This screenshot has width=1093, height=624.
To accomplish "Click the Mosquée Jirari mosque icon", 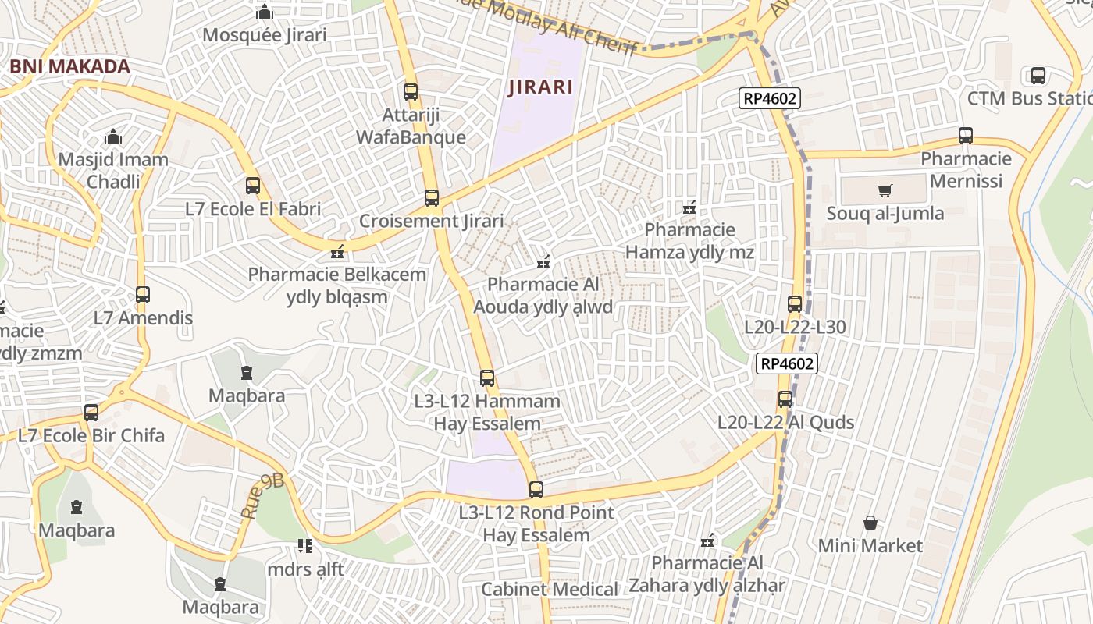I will click(265, 12).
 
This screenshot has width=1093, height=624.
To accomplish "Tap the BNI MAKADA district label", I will click(69, 66).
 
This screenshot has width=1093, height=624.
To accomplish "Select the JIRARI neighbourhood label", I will click(540, 87).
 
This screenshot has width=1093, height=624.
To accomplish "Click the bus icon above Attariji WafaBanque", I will click(411, 92).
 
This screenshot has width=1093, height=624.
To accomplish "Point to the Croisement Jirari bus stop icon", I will click(432, 198).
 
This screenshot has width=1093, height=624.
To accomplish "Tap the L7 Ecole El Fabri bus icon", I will click(253, 186).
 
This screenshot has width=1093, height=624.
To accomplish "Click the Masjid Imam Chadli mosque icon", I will click(113, 136).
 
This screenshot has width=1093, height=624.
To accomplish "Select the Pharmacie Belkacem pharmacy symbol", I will click(337, 252).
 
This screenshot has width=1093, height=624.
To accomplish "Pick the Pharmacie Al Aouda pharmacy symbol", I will click(543, 261).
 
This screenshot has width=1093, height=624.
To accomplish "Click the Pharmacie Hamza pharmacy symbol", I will click(689, 207).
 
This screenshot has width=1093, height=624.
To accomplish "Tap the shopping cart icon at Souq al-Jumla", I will click(885, 190).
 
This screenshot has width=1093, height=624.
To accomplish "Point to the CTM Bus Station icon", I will click(1038, 76).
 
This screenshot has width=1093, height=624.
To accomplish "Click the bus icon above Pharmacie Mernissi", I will click(966, 136).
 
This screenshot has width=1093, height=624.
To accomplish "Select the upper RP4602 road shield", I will click(771, 98).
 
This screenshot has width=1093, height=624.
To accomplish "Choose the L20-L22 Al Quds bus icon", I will click(785, 399).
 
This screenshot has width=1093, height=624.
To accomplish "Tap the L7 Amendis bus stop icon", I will click(143, 295).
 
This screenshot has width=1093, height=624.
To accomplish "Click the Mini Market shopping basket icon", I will click(870, 523).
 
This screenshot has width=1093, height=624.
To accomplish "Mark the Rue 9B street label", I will click(262, 495).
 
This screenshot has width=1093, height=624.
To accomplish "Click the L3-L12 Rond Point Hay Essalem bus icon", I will click(536, 490).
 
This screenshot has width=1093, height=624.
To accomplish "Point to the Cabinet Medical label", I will click(550, 589).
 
